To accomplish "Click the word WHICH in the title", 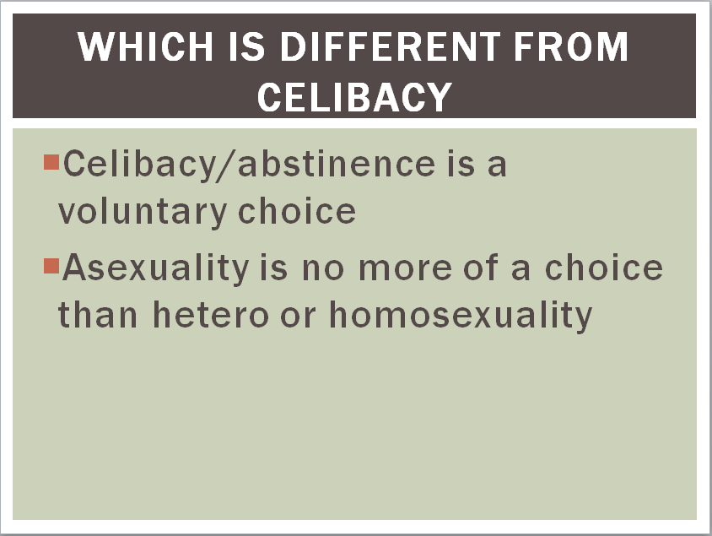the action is point(145,46).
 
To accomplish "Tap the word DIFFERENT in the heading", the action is point(390,46).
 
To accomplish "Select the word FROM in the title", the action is point(571,46).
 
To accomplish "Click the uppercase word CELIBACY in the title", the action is point(354,97).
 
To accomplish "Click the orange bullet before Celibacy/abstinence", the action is point(51,162).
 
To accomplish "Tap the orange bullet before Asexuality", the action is point(51,266).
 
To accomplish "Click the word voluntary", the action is point(142,212).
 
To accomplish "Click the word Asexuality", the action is point(156,268).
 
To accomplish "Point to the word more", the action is point(405,269).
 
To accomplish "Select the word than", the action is point(98,314).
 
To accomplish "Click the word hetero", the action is point(211,314).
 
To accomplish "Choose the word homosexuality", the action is point(461,317).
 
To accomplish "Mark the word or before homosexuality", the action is point(298,317).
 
